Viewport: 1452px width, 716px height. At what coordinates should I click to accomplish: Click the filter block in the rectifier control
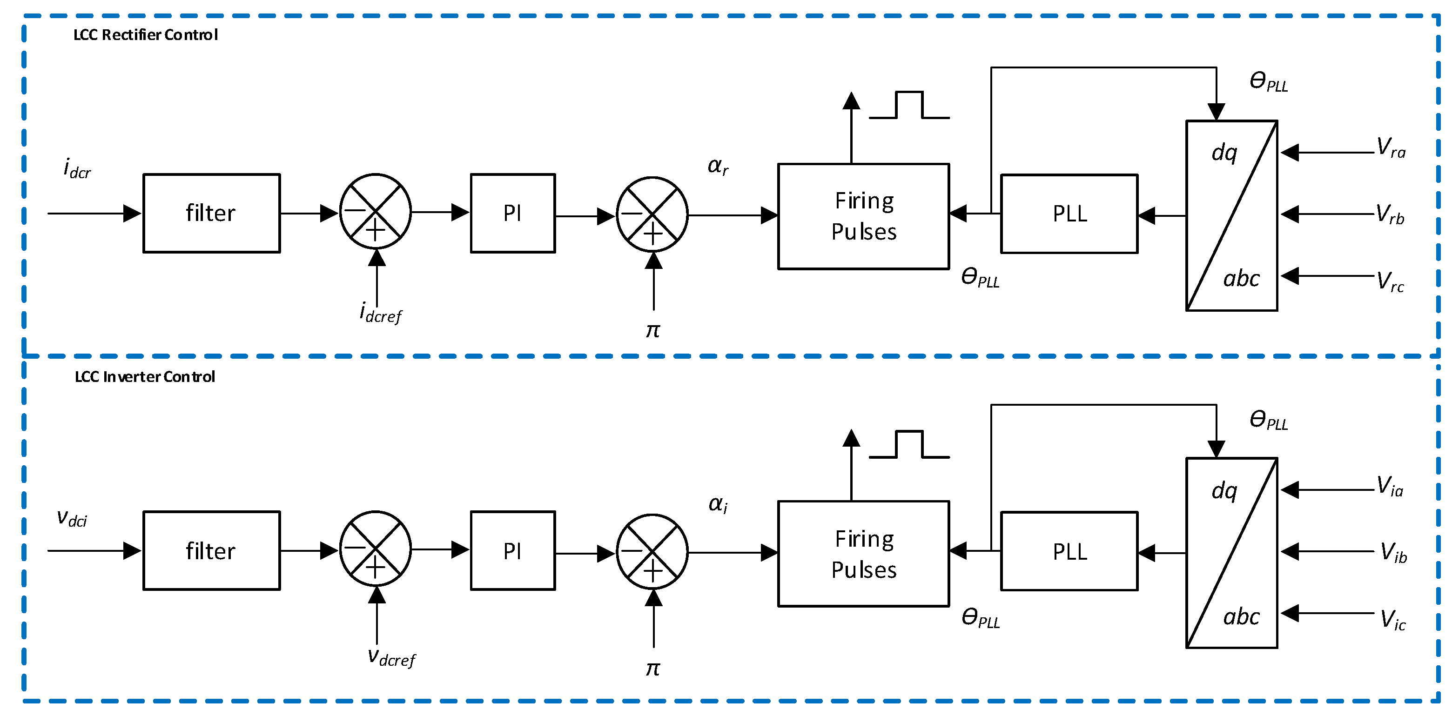coord(211,213)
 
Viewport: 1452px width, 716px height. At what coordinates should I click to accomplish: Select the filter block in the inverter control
coord(211,550)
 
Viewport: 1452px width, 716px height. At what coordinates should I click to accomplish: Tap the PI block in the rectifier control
coord(512,213)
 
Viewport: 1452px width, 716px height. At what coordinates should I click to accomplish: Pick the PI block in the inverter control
coord(512,550)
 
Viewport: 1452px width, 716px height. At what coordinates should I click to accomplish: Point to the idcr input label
coord(77,168)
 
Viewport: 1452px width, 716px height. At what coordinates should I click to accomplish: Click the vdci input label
coord(72,518)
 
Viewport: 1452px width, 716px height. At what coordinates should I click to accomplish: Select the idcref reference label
coord(381,312)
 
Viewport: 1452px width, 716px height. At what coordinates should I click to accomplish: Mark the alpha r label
coord(718,166)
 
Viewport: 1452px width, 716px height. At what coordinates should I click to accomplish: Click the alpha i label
coord(718,504)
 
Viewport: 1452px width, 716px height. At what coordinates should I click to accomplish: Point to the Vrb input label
coord(1390,214)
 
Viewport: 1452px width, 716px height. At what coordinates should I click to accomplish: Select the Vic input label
coord(1392,620)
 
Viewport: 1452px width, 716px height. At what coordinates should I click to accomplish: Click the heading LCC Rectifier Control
coord(145,35)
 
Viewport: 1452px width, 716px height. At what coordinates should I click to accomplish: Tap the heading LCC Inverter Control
coord(145,376)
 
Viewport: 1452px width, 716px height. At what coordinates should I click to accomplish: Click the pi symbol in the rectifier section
coord(653,331)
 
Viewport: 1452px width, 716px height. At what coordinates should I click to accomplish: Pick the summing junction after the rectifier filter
coord(376,211)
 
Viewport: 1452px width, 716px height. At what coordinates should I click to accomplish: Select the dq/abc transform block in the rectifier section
coord(1231,215)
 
